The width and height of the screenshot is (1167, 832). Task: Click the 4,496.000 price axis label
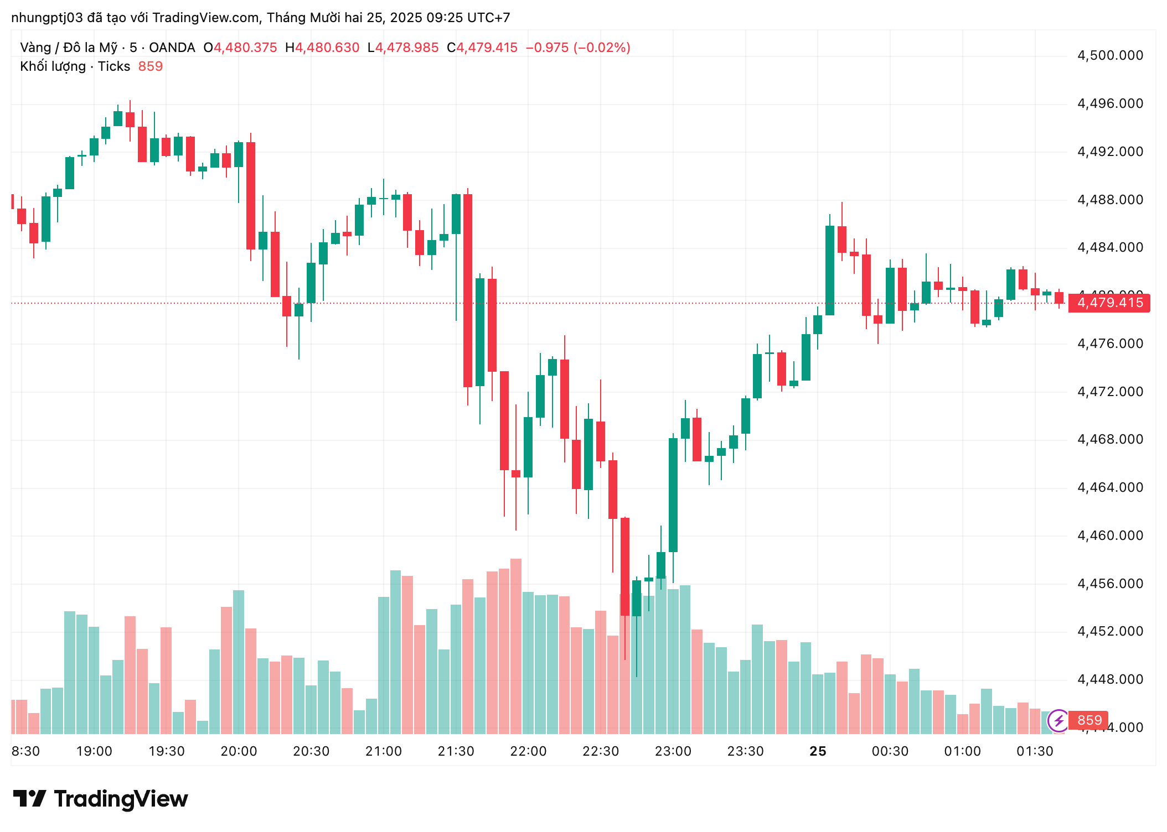1109,103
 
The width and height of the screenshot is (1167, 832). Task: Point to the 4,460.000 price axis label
1109,535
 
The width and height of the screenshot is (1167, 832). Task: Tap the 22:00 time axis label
528,751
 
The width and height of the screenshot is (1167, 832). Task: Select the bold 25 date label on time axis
818,751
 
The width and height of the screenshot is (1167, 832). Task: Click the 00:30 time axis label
890,751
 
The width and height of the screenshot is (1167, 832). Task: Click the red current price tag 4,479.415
1109,303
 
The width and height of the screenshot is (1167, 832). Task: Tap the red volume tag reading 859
1088,720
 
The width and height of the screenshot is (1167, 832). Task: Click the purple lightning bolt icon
1058,720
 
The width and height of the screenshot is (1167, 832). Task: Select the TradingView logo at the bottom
101,799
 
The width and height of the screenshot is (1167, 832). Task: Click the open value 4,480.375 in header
245,48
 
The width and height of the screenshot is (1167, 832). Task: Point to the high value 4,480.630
327,48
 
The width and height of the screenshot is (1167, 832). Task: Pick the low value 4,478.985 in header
407,48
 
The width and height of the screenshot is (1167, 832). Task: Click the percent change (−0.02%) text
602,48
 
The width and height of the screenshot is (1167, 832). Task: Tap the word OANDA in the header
172,48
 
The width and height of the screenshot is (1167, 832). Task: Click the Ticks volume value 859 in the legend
150,66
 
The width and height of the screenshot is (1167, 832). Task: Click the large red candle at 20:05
251,196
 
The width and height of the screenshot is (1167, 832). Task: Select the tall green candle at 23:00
673,495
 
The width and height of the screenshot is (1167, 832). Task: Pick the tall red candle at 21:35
468,290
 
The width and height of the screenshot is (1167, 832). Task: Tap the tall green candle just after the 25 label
830,270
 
